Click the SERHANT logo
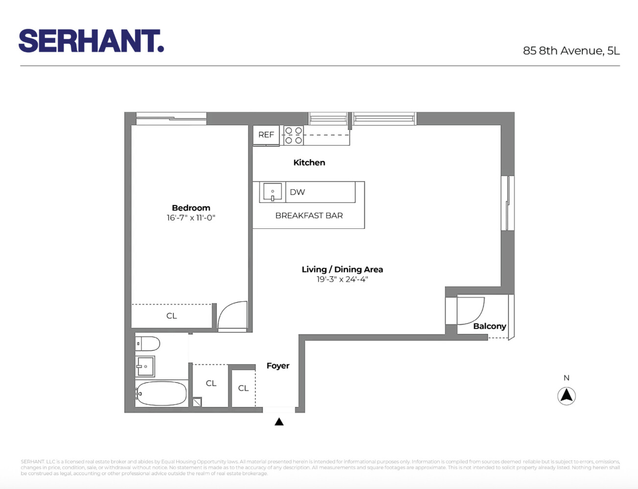(x=91, y=41)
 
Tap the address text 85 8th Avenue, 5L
(x=571, y=51)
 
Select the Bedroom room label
(x=191, y=208)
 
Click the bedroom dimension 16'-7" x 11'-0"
(x=191, y=218)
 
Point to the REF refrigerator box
(x=266, y=135)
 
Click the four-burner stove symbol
(x=294, y=135)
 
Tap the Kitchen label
(x=309, y=162)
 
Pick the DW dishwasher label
(x=297, y=192)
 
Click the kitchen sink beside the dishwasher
(x=273, y=192)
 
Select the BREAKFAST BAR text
(x=309, y=216)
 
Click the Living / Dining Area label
(x=342, y=269)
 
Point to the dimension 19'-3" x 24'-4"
(x=342, y=279)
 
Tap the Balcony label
(x=489, y=326)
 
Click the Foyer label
(x=278, y=366)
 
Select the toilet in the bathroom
(x=148, y=344)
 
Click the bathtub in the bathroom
(x=161, y=394)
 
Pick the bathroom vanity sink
(x=145, y=366)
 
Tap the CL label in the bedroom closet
(x=171, y=316)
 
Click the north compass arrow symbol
(x=567, y=395)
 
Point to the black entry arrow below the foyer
(x=279, y=422)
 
